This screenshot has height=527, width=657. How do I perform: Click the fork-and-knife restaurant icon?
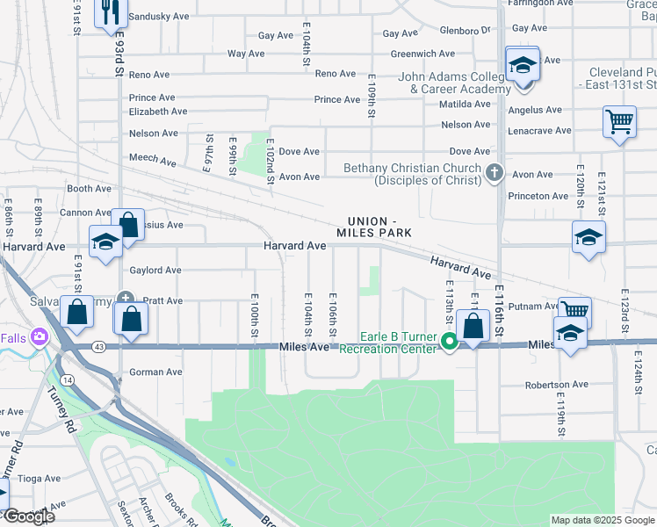(110, 11)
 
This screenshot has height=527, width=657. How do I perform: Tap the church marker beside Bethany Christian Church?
(495, 174)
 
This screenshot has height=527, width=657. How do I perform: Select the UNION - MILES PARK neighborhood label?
(373, 226)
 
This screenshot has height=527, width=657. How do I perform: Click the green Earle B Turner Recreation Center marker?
(449, 342)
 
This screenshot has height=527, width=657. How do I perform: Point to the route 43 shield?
(97, 348)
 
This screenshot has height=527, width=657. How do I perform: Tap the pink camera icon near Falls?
(39, 336)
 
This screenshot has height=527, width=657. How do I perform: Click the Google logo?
(28, 516)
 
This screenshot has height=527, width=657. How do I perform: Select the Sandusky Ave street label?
(158, 17)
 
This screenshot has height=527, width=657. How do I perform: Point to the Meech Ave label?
(153, 160)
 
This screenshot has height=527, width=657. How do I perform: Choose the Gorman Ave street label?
(155, 372)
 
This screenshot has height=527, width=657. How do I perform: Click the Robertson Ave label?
(556, 385)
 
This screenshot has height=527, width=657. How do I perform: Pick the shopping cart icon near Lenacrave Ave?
(619, 121)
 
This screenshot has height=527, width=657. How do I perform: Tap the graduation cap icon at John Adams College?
(523, 64)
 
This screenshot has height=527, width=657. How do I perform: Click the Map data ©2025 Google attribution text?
(603, 520)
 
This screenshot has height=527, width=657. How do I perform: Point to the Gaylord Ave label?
(155, 271)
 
